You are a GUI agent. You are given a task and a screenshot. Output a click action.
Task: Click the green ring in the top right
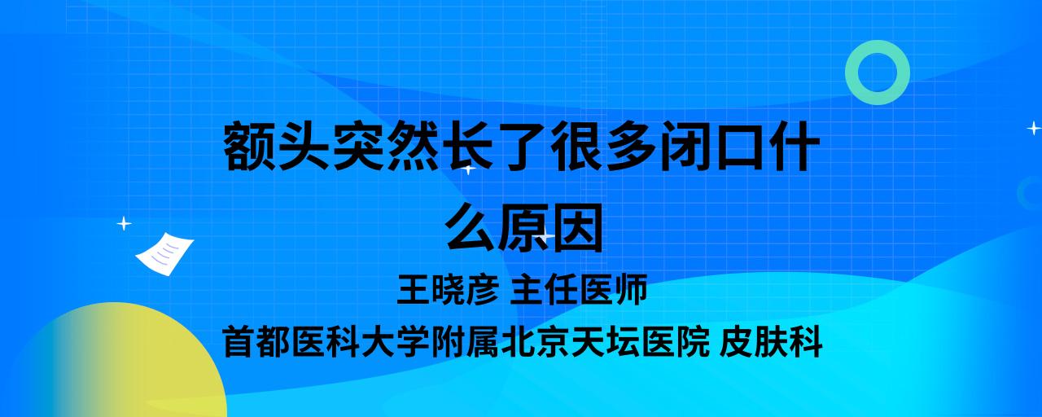click(x=854, y=72)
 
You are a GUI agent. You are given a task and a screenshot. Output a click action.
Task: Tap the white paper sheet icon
click(x=164, y=253)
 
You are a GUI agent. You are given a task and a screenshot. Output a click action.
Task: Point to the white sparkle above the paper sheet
click(x=124, y=224)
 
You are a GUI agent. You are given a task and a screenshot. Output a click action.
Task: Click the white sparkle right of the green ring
click(x=1034, y=128)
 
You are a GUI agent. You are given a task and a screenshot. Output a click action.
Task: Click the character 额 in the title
click(x=250, y=146)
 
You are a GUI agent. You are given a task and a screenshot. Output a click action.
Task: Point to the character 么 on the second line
click(x=470, y=226)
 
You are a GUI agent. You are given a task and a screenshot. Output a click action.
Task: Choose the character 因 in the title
click(x=578, y=226)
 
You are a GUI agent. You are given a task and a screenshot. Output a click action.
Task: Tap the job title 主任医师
click(x=579, y=289)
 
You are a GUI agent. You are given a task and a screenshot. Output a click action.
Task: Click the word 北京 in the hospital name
click(x=535, y=342)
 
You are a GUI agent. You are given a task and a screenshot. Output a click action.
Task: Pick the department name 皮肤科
click(x=771, y=342)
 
